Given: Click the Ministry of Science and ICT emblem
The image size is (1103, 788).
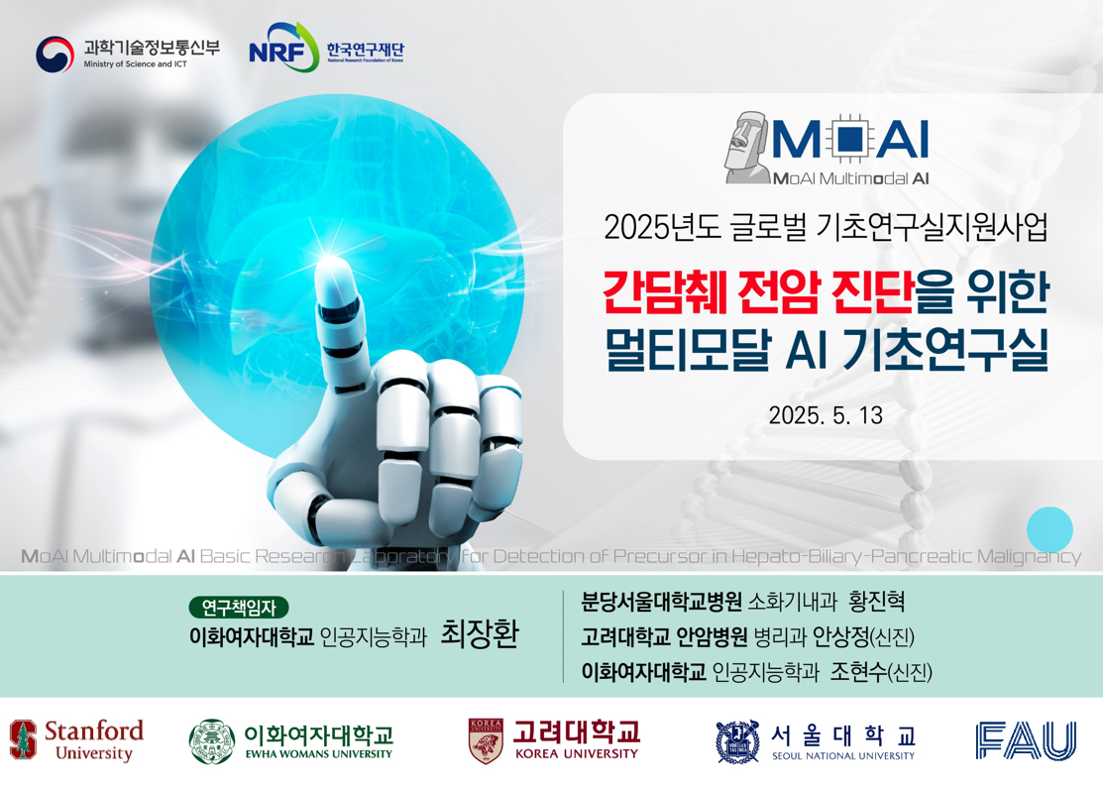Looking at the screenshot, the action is click(x=55, y=55).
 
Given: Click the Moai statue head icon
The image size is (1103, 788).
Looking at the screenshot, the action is click(x=748, y=148).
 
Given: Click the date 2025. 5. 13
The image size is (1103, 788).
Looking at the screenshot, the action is click(x=826, y=415).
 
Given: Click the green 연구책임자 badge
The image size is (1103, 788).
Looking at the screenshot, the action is click(x=239, y=608).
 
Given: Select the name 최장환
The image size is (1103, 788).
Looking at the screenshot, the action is click(x=480, y=633).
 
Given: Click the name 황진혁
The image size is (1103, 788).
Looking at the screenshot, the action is click(x=876, y=602).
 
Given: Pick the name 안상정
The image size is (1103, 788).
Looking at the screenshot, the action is click(x=840, y=636).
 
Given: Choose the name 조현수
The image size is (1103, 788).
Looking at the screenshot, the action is click(x=858, y=672).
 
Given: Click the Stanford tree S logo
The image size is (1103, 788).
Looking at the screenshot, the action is click(x=23, y=740).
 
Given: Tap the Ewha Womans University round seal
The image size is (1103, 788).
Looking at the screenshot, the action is click(x=212, y=741).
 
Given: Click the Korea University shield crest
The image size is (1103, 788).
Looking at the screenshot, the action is click(x=486, y=740).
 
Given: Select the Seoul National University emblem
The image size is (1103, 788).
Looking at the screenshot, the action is click(x=737, y=741).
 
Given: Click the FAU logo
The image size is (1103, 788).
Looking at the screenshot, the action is click(x=1026, y=740).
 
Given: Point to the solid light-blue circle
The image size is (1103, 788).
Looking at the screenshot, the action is click(x=1049, y=529).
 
